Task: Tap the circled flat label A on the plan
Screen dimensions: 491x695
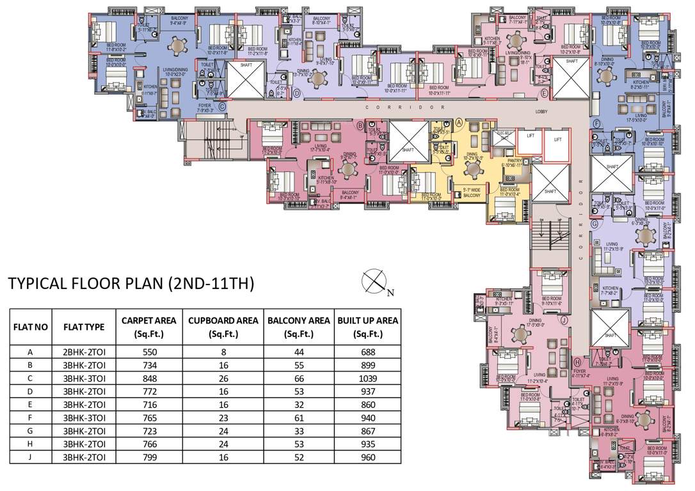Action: (x=459, y=121)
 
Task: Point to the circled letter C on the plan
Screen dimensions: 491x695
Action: (x=222, y=107)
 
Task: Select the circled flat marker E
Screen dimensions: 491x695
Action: (x=544, y=94)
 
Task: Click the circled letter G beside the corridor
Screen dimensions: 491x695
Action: (x=595, y=224)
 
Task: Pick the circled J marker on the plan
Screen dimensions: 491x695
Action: (x=564, y=320)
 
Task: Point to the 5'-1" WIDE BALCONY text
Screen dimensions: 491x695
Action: (x=472, y=192)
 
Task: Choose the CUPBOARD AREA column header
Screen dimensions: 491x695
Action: (x=223, y=327)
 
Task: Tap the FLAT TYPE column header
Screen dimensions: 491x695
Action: (x=84, y=327)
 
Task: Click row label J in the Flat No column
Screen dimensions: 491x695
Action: (x=30, y=458)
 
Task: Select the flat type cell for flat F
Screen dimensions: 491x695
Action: (x=84, y=418)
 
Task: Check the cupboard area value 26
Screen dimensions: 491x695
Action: (x=223, y=378)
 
